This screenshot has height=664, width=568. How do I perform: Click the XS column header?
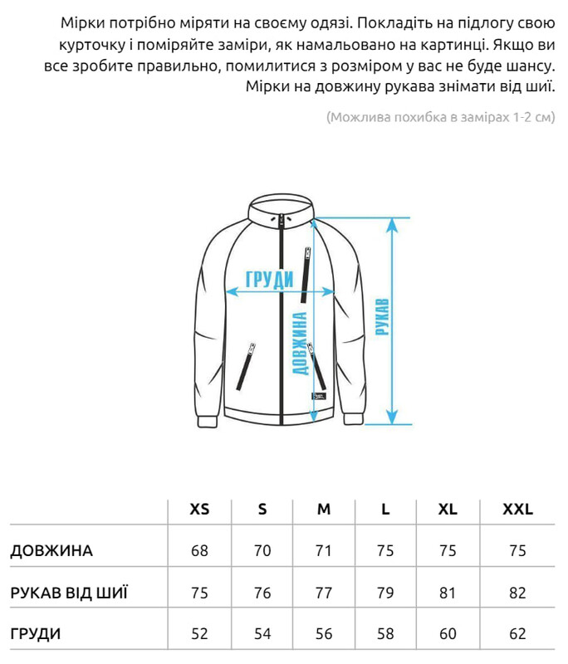click(199, 509)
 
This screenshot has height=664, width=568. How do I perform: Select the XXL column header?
click(517, 509)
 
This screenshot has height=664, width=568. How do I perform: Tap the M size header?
click(324, 509)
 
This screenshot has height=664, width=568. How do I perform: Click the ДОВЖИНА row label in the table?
click(51, 550)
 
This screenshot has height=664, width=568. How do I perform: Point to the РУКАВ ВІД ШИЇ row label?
click(69, 593)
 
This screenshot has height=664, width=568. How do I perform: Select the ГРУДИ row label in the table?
click(36, 633)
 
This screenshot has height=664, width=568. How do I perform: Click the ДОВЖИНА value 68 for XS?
click(199, 550)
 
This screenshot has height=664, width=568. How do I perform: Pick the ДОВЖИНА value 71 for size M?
click(324, 550)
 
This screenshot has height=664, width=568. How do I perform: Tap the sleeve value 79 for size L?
click(385, 593)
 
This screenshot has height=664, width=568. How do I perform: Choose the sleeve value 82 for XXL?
click(517, 593)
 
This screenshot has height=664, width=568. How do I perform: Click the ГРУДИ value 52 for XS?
click(199, 633)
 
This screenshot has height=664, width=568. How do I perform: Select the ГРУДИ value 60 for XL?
click(448, 633)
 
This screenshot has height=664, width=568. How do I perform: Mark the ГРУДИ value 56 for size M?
click(324, 633)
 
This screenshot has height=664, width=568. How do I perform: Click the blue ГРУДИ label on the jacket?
click(269, 280)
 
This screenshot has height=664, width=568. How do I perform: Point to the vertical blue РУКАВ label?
click(383, 316)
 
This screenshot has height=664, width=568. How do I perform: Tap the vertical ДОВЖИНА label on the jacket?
click(301, 343)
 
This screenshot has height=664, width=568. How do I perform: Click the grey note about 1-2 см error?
click(439, 117)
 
